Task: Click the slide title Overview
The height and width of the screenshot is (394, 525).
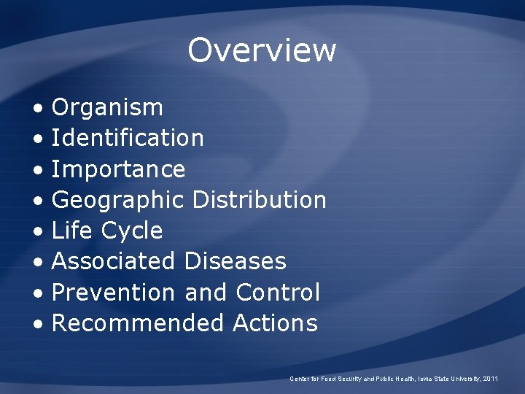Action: click(262, 50)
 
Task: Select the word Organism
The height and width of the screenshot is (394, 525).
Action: click(108, 108)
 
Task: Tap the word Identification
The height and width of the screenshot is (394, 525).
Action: click(128, 138)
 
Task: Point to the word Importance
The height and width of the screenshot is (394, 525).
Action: click(119, 169)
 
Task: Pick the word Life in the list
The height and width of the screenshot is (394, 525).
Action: click(72, 231)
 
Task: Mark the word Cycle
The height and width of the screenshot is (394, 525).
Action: click(132, 231)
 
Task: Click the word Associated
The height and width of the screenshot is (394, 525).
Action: click(114, 261)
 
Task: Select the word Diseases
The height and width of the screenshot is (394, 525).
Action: click(236, 261)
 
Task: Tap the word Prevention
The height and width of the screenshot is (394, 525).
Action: click(114, 292)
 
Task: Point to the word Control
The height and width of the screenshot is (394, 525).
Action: click(278, 292)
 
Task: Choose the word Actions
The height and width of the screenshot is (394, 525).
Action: click(275, 322)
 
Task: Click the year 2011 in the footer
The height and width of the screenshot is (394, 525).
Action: click(491, 379)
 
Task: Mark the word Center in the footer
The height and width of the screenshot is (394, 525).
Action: click(300, 379)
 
